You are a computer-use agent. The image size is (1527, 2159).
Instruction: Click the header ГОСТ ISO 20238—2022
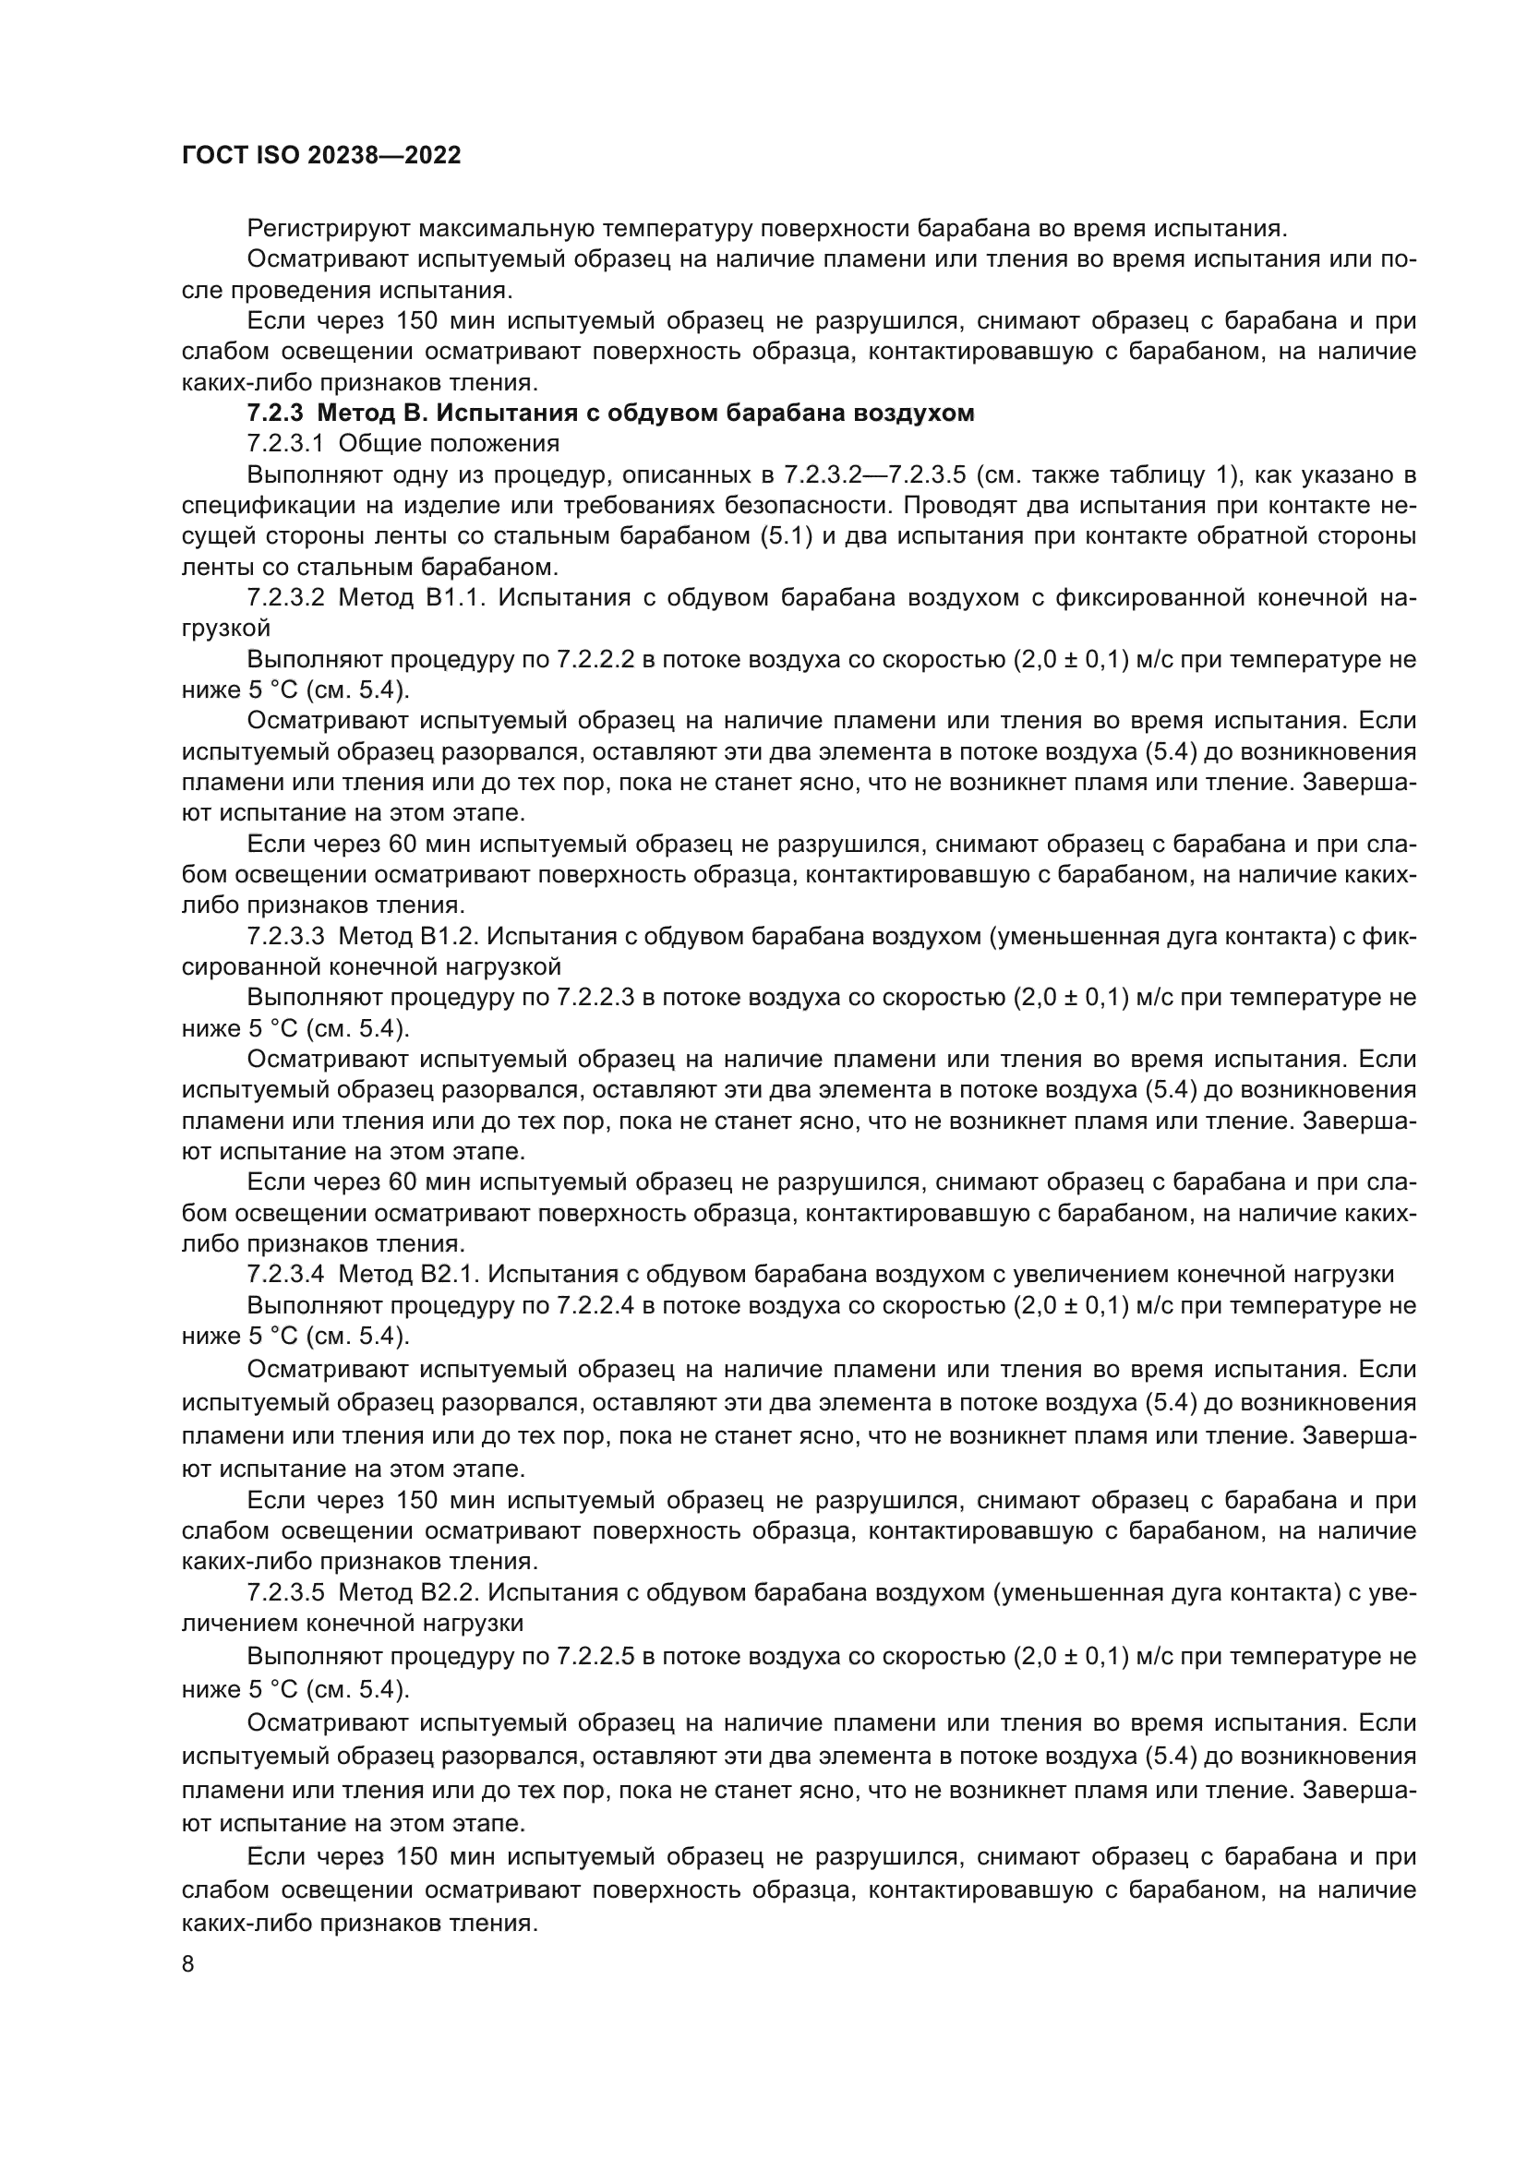(x=320, y=155)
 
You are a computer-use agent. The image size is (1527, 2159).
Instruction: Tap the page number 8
(x=188, y=1963)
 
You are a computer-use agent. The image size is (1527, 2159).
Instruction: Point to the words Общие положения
(x=449, y=443)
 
